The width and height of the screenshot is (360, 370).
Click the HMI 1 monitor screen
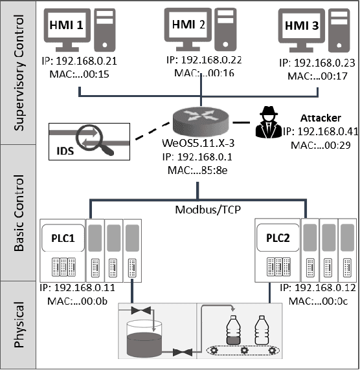pyautogui.click(x=67, y=27)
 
